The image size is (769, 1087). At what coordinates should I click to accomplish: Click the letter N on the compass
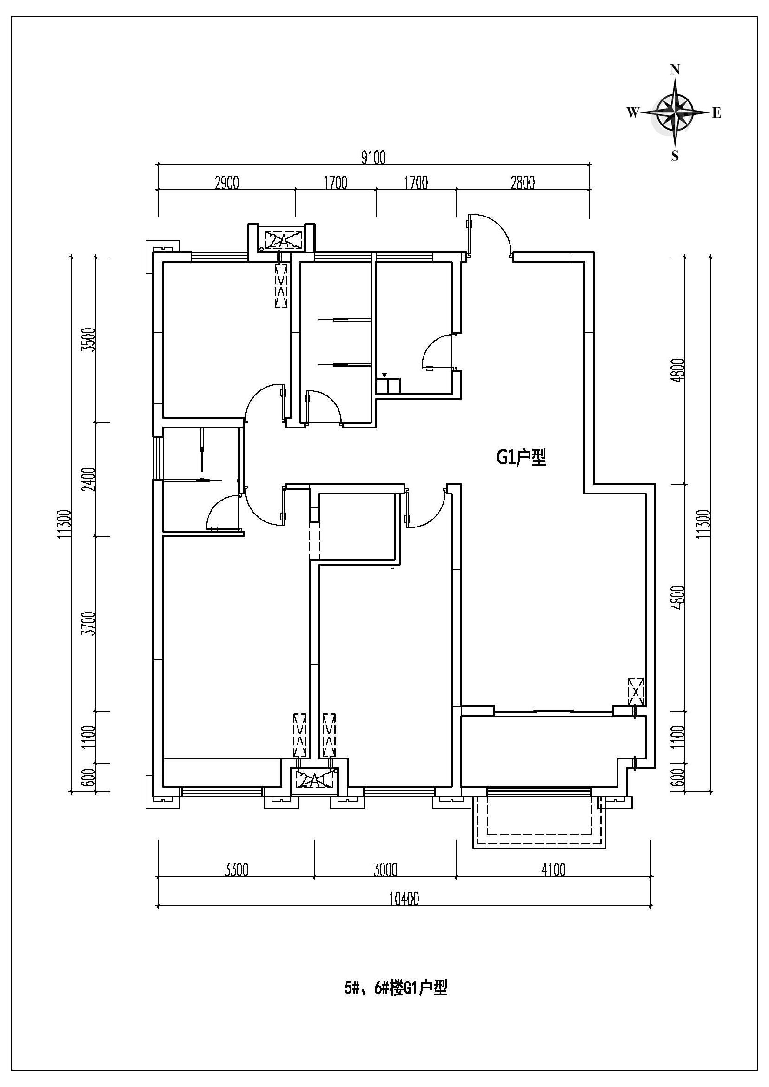pos(675,70)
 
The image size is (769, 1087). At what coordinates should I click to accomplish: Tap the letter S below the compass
pos(675,155)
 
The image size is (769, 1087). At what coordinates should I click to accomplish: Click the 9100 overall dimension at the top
pos(374,157)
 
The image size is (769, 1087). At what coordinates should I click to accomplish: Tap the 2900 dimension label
pos(227,183)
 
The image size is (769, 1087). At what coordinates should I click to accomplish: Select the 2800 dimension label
pos(523,183)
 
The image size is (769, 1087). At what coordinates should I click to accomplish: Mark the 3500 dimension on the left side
pos(88,339)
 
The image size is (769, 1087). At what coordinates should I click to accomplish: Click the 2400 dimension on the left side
pos(88,479)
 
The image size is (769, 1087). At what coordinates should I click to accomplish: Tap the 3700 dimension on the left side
pos(88,624)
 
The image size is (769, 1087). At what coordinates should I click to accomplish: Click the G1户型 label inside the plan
pos(521,458)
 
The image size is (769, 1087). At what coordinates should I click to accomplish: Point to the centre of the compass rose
pos(675,112)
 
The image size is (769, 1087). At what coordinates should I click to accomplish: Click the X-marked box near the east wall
pos(636,692)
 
